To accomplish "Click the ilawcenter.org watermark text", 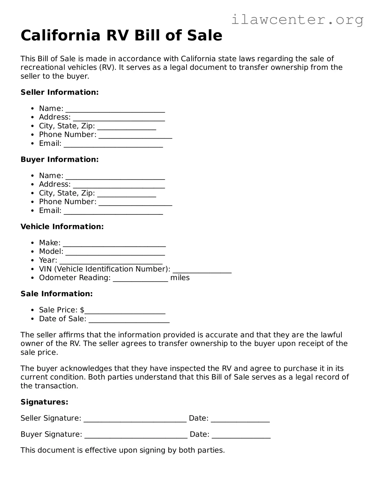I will coord(297,20).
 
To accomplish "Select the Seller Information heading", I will coord(60,92).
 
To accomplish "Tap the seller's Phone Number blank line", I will coord(135,135).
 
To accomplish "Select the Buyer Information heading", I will coord(60,159).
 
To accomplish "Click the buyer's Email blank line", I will coord(113,211).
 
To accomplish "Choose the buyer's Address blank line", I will coord(119,185).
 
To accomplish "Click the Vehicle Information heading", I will coord(62,226).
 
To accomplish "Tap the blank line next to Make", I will coord(114,244).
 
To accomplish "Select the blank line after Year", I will coord(111,261).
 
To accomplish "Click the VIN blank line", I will coord(202,270).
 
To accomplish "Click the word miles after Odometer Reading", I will coord(180,278).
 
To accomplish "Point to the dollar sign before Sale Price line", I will coord(82,310).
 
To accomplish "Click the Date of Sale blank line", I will coord(129,320).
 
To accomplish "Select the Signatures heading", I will coord(44,402).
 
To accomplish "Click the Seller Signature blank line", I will coord(135,419).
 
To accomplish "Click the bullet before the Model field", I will coord(32,252).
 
